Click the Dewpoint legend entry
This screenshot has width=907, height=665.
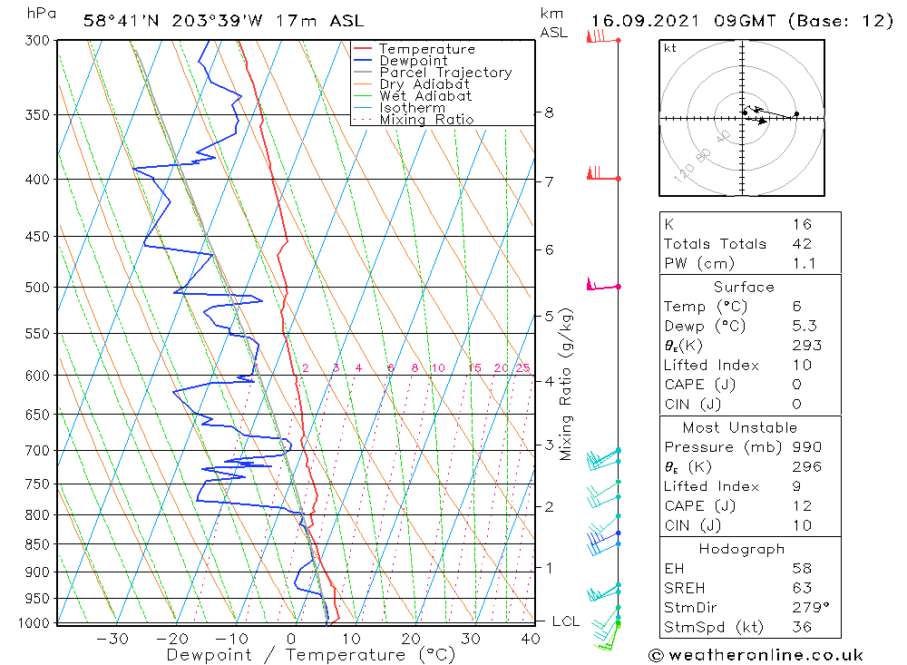click(x=413, y=61)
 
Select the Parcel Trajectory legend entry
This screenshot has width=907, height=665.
click(x=444, y=73)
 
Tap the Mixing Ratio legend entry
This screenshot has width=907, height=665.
click(x=426, y=120)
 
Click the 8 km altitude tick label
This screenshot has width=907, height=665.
click(x=549, y=112)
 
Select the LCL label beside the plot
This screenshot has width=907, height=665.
click(x=565, y=621)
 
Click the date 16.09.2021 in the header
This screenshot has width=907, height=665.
click(x=639, y=21)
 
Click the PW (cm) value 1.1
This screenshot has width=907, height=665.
click(x=804, y=264)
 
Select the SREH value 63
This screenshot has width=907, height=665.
click(x=801, y=589)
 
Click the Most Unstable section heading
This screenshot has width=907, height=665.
click(x=741, y=427)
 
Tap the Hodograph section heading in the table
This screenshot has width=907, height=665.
click(x=741, y=549)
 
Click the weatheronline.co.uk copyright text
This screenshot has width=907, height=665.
click(x=756, y=655)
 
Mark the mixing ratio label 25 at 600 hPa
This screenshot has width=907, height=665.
click(x=522, y=367)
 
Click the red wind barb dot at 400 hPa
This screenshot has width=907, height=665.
click(x=619, y=179)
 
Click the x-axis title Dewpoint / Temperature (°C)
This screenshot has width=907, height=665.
click(x=311, y=655)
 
